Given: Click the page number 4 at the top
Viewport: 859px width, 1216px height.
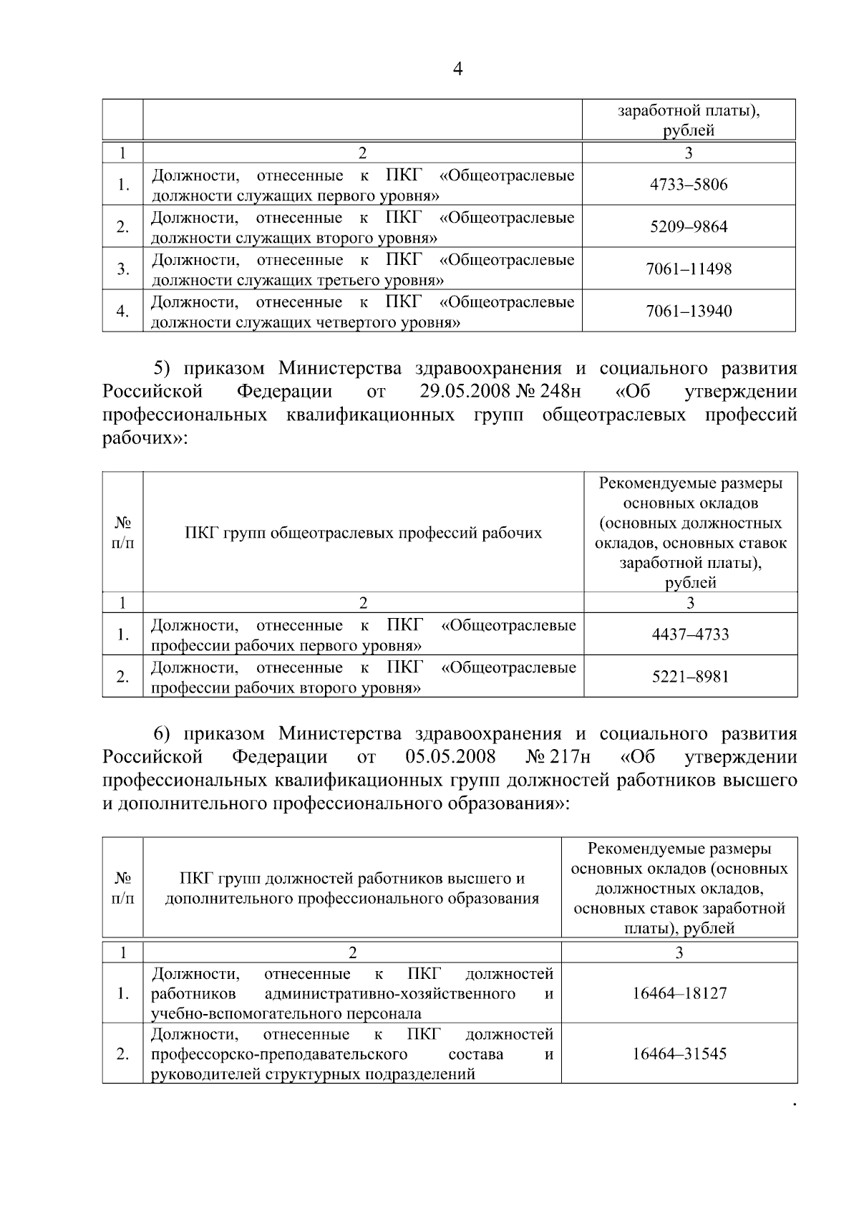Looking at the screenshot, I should (x=458, y=69).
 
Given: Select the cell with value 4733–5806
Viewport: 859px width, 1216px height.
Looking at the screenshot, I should (x=689, y=185).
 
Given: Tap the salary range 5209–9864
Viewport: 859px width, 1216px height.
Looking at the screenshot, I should (x=689, y=227).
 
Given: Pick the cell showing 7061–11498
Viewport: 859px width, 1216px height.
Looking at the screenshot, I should (x=689, y=269).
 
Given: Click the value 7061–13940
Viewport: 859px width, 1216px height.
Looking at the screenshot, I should (x=689, y=312).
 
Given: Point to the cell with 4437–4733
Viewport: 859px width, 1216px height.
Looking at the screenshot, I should (x=690, y=634).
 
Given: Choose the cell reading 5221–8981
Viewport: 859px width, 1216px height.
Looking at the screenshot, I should (x=690, y=677).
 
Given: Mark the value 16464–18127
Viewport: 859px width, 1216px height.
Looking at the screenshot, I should (x=679, y=994).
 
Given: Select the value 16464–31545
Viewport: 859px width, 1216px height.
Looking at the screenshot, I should (x=679, y=1054).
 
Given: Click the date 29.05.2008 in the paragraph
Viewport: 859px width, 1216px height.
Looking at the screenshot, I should (x=465, y=392).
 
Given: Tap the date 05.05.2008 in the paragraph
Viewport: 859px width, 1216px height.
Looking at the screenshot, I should (x=450, y=757).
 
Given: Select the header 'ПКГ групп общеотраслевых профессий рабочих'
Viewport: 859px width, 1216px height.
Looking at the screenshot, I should (x=363, y=533).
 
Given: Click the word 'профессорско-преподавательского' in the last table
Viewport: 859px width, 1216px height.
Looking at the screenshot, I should (x=279, y=1054).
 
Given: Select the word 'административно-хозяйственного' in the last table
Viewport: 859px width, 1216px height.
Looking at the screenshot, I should (x=389, y=994).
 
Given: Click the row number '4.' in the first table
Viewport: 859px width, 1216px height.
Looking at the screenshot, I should (x=123, y=312).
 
